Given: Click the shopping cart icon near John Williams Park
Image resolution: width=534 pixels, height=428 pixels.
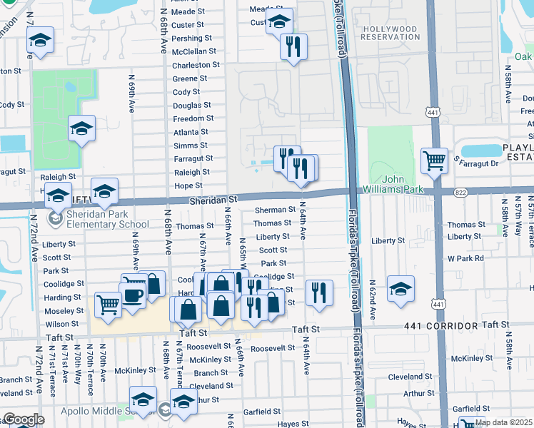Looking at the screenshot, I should tap(434, 160).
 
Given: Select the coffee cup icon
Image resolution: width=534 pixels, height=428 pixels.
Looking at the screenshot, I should tap(133, 295).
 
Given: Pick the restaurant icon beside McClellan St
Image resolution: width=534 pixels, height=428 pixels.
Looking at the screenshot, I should tap(293, 47).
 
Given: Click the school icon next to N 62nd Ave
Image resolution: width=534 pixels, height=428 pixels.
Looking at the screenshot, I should tap(400, 289).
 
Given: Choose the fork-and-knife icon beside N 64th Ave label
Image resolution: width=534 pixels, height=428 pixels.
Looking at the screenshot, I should tap(319, 292).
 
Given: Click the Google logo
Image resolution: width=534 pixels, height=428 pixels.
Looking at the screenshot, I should tap(24, 420).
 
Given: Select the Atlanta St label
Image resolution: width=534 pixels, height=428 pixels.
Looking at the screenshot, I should tap(191, 132).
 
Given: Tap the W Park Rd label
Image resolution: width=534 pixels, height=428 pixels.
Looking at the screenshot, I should tap(465, 258).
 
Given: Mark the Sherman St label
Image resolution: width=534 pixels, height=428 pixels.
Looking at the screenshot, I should tap(275, 210).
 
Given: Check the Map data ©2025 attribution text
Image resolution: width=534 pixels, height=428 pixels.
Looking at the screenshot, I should tap(502, 422).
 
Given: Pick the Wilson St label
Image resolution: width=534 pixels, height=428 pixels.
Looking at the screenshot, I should tap(61, 324).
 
